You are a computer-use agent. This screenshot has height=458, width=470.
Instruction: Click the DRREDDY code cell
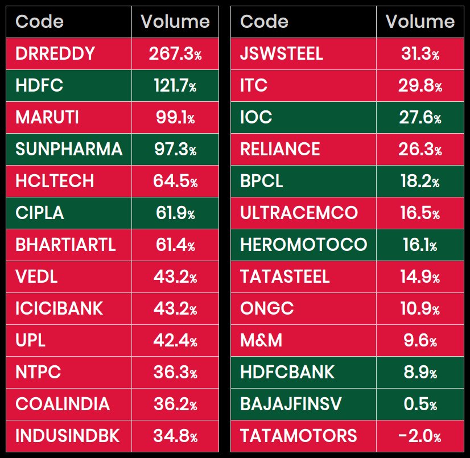pyautogui.click(x=55, y=54)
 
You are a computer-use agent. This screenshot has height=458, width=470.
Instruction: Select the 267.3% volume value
pyautogui.click(x=175, y=54)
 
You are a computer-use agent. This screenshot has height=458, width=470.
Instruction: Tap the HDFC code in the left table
pyautogui.click(x=39, y=86)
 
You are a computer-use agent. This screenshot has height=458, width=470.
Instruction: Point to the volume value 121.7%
pyautogui.click(x=175, y=86)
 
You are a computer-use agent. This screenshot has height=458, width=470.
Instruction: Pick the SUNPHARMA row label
pyautogui.click(x=69, y=149)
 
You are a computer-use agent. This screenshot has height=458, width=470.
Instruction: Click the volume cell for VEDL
pyautogui.click(x=175, y=277)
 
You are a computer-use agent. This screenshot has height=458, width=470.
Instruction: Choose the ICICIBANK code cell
pyautogui.click(x=59, y=308)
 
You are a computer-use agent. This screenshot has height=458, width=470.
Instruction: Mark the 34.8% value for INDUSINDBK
pyautogui.click(x=175, y=436)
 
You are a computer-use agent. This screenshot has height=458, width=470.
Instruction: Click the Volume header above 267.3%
pyautogui.click(x=175, y=22)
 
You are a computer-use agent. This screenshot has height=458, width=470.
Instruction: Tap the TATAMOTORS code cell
pyautogui.click(x=298, y=436)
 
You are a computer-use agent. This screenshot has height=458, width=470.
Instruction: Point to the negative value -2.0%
pyautogui.click(x=420, y=436)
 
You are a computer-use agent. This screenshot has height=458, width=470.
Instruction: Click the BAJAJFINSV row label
pyautogui.click(x=291, y=404)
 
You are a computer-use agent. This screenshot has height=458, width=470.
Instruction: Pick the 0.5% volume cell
pyautogui.click(x=420, y=404)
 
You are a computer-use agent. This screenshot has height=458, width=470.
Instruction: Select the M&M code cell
pyautogui.click(x=261, y=340)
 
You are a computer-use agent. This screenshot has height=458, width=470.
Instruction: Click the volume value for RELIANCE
pyautogui.click(x=420, y=149)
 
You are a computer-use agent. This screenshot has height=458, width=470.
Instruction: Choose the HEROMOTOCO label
pyautogui.click(x=303, y=245)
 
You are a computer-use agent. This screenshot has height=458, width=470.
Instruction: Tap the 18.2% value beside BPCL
pyautogui.click(x=420, y=181)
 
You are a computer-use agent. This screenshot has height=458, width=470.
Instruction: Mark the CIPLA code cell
pyautogui.click(x=40, y=213)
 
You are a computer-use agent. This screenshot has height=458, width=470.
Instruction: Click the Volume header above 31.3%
pyautogui.click(x=420, y=22)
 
